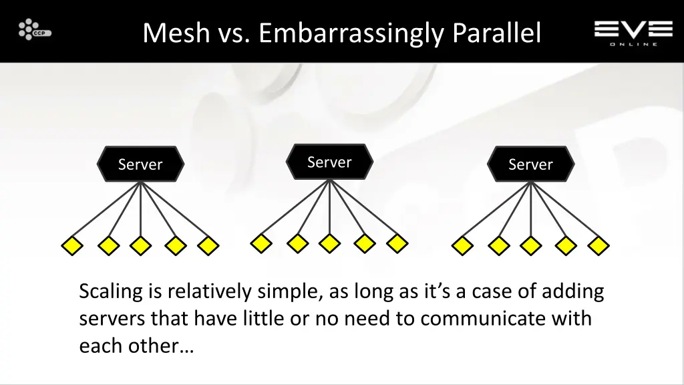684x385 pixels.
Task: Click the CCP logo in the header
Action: point(34,30)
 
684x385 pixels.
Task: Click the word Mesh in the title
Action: point(176,33)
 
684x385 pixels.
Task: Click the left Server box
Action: point(140,164)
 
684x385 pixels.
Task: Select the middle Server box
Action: point(329,162)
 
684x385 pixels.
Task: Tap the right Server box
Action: point(530,164)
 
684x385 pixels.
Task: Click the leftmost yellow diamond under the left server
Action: point(72,246)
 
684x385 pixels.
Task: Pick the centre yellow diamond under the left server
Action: point(140,246)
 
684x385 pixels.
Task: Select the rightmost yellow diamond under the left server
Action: point(208,246)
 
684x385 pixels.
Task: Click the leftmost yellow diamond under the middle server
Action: point(261,243)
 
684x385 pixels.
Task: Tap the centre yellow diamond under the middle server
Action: point(329,243)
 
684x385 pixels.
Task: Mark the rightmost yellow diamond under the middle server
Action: point(397,243)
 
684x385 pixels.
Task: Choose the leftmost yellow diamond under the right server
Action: point(462,246)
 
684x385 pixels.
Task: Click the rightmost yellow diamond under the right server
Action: point(598,246)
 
